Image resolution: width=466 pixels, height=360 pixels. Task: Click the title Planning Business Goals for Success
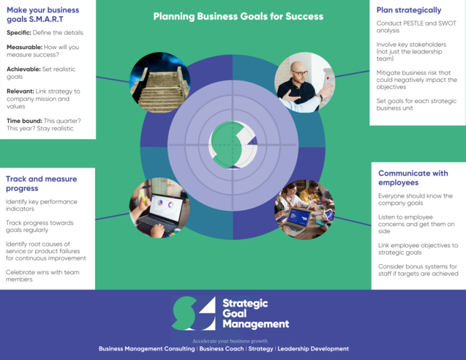coord(238,16)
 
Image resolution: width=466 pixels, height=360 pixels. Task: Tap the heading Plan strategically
coord(408,10)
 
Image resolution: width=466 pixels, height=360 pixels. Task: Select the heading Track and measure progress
coord(41,183)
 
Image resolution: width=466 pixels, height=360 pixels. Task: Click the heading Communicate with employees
coord(413,177)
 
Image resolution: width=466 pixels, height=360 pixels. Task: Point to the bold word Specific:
coord(19,33)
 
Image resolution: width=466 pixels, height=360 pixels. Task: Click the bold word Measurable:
coord(24,47)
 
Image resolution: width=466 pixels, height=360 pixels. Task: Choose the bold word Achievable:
coord(24,69)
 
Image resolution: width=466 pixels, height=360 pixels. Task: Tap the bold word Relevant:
coord(20,92)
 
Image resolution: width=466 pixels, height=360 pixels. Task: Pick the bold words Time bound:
coord(24,121)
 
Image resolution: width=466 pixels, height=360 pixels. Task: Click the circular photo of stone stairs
coord(160,83)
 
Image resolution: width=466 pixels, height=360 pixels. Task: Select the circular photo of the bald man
coord(305,83)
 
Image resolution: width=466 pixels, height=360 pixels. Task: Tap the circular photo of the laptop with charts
coord(159,208)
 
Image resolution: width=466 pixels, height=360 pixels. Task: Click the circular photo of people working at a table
coord(304,209)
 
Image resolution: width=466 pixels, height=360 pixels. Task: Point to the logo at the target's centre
coord(232,144)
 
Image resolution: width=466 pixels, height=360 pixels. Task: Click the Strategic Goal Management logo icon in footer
coord(194,314)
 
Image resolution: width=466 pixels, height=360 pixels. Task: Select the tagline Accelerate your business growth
coord(230,341)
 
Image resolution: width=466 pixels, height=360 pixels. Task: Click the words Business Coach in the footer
coord(221,349)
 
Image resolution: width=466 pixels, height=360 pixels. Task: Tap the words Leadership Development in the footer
coord(313,349)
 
